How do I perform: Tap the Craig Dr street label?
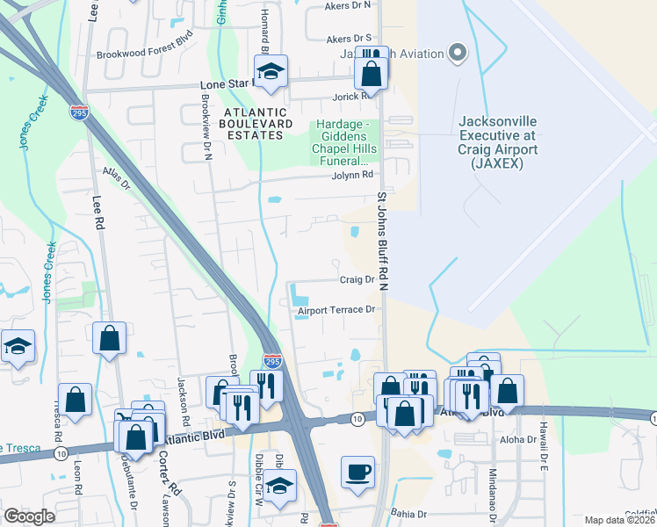[357, 280]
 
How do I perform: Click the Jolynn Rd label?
[347, 177]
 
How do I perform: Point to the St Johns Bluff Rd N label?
[382, 237]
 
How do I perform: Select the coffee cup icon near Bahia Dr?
[357, 472]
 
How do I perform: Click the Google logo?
[29, 516]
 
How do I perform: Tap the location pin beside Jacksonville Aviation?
[457, 54]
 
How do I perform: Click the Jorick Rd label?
[349, 97]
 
